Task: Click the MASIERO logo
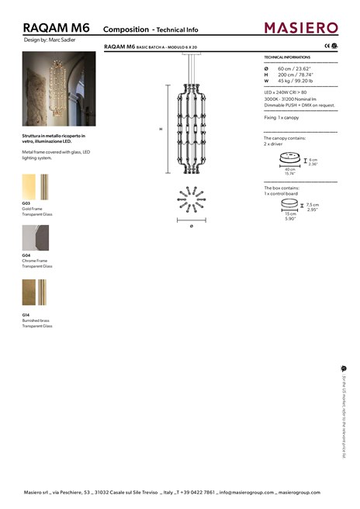pos(301,28)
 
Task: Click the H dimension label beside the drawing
pos(161,128)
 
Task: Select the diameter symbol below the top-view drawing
pos(191,225)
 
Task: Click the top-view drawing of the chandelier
pos(191,201)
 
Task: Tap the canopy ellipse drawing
pos(289,160)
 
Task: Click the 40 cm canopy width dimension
pos(289,170)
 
